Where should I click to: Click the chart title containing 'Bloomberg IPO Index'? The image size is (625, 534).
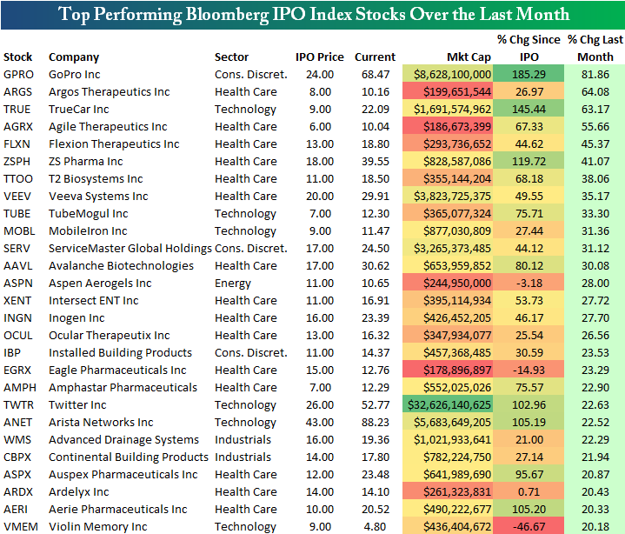pyautogui.click(x=312, y=14)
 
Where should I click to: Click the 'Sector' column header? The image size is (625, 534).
pyautogui.click(x=231, y=57)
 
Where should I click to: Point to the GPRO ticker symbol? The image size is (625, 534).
pyautogui.click(x=19, y=75)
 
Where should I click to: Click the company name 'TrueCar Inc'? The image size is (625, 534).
pyautogui.click(x=78, y=110)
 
